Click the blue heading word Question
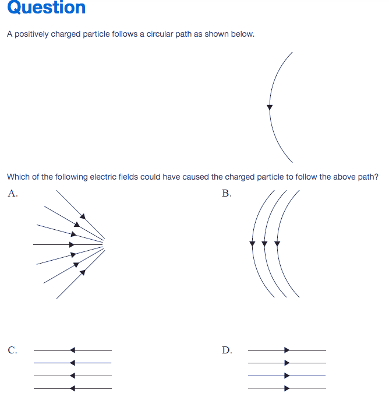point(47,8)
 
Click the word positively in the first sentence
point(31,34)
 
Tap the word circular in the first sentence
point(160,34)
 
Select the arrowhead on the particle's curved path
point(270,107)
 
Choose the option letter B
point(225,193)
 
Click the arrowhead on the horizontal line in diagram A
point(72,245)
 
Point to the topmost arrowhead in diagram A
point(83,216)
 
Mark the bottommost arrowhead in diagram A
point(83,272)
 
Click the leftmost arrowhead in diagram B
point(252,244)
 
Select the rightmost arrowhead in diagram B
point(277,244)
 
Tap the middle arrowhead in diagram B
point(264,244)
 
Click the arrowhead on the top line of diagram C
point(73,350)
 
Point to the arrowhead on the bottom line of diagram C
point(73,388)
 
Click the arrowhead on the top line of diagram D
point(287,350)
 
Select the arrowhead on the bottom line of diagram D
point(287,388)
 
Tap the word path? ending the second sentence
point(368,177)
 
